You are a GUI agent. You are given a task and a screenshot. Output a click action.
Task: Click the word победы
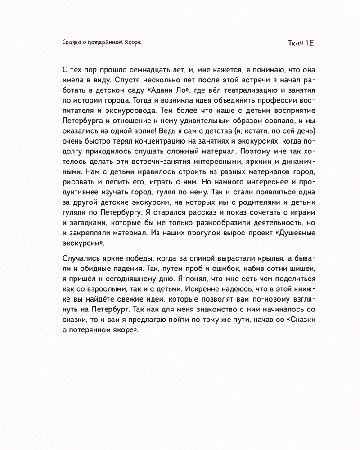coord(133,257)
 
